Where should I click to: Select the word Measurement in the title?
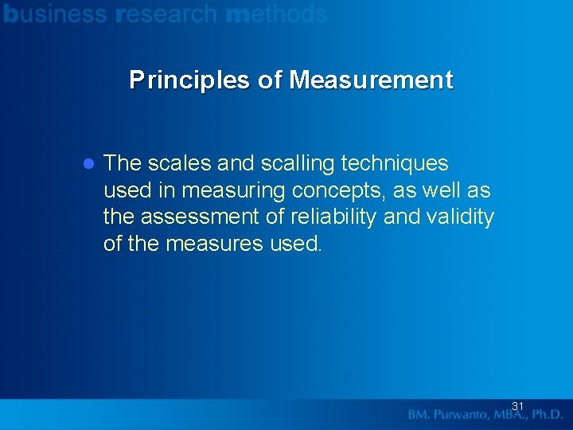click(x=371, y=80)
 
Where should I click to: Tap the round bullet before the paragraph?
click(x=89, y=164)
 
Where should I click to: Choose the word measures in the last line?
click(x=215, y=244)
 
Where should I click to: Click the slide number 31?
click(x=517, y=406)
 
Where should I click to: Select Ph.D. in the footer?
click(x=546, y=414)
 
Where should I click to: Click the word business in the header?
click(x=55, y=14)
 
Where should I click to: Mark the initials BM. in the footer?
click(x=420, y=414)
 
